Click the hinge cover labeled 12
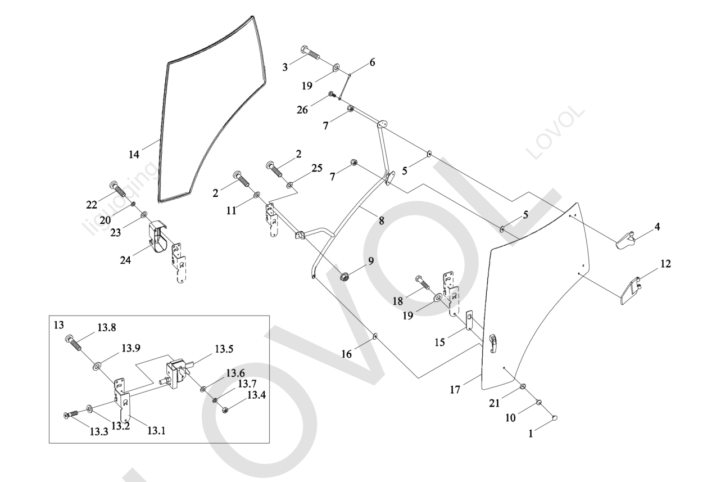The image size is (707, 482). pos(631,290)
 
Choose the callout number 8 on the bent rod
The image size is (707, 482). pos(382,221)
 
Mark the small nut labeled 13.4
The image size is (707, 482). pos(224,409)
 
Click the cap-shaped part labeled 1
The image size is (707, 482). pos(554,418)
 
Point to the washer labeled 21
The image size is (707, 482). pos(523,387)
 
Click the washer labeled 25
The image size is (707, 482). pos(290,184)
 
